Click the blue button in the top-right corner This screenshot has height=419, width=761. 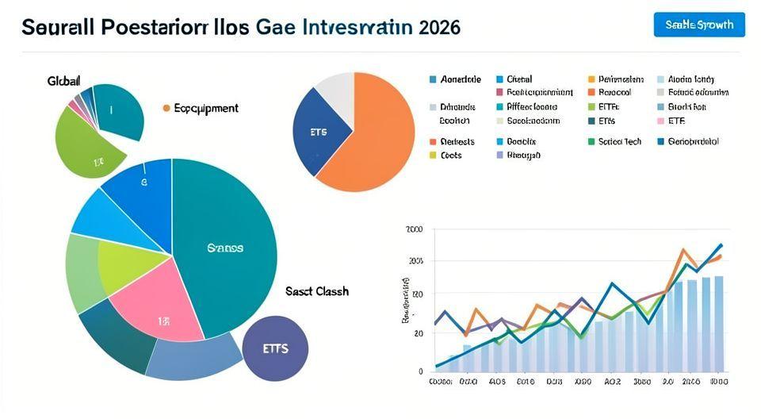[x=699, y=25]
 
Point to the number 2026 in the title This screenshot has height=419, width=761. [x=436, y=26]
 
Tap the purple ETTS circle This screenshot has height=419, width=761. [x=275, y=348]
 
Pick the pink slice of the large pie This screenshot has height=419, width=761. [x=155, y=302]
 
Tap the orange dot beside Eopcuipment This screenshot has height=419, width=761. [x=166, y=108]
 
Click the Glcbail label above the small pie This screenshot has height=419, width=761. [x=64, y=81]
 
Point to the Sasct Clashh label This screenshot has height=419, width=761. [x=316, y=291]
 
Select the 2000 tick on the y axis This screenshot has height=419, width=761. [x=414, y=230]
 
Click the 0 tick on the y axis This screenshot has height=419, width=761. [x=420, y=371]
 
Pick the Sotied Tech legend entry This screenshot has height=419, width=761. [x=618, y=141]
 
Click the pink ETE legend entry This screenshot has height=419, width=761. [x=675, y=121]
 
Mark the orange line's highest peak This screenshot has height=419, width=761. [x=683, y=250]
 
